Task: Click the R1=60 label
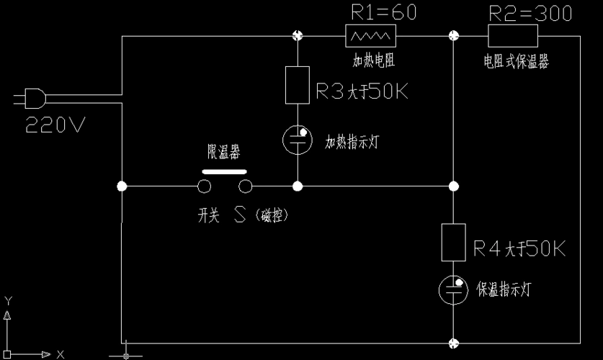click(x=383, y=13)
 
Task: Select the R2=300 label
click(x=530, y=13)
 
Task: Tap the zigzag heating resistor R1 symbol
click(x=371, y=35)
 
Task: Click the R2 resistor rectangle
click(x=513, y=35)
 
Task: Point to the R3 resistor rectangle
click(x=298, y=85)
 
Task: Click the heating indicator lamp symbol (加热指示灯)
click(x=298, y=139)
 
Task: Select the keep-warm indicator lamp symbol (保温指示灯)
click(x=453, y=289)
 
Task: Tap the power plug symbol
click(x=32, y=98)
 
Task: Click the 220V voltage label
click(x=55, y=125)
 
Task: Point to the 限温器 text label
click(x=224, y=153)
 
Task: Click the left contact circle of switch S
click(x=205, y=187)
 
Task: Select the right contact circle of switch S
click(x=246, y=187)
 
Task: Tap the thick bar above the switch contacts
click(x=224, y=172)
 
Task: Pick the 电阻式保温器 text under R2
click(x=516, y=62)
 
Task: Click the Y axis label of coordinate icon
click(x=8, y=300)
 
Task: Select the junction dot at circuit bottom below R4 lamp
click(x=453, y=343)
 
